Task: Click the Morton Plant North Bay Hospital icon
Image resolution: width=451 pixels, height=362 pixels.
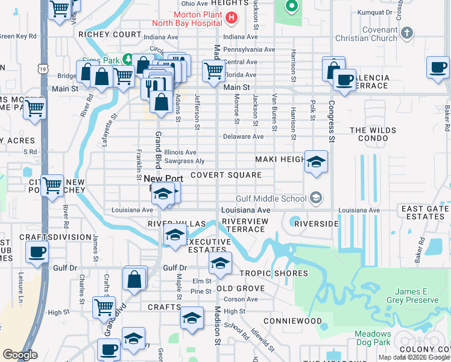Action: pyautogui.click(x=230, y=17)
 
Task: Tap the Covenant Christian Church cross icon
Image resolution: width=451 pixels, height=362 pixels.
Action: pyautogui.click(x=407, y=32)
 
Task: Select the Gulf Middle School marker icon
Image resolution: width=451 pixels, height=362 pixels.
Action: pyautogui.click(x=315, y=198)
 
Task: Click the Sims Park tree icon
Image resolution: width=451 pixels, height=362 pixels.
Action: pyautogui.click(x=127, y=59)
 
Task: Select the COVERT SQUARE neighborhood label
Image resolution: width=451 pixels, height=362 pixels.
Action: pyautogui.click(x=226, y=175)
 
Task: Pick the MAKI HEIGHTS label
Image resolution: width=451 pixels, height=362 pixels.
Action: pyautogui.click(x=280, y=159)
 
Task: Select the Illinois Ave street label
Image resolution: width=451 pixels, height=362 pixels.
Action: pyautogui.click(x=180, y=153)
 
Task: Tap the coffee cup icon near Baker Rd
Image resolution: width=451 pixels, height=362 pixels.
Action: pyautogui.click(x=438, y=67)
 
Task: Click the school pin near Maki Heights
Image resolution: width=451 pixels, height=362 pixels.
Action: pyautogui.click(x=316, y=162)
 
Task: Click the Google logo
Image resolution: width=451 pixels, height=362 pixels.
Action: pyautogui.click(x=20, y=355)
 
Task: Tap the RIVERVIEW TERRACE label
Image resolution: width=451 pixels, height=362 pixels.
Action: pyautogui.click(x=244, y=226)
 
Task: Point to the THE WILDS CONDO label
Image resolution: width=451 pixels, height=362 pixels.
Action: pyautogui.click(x=373, y=134)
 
